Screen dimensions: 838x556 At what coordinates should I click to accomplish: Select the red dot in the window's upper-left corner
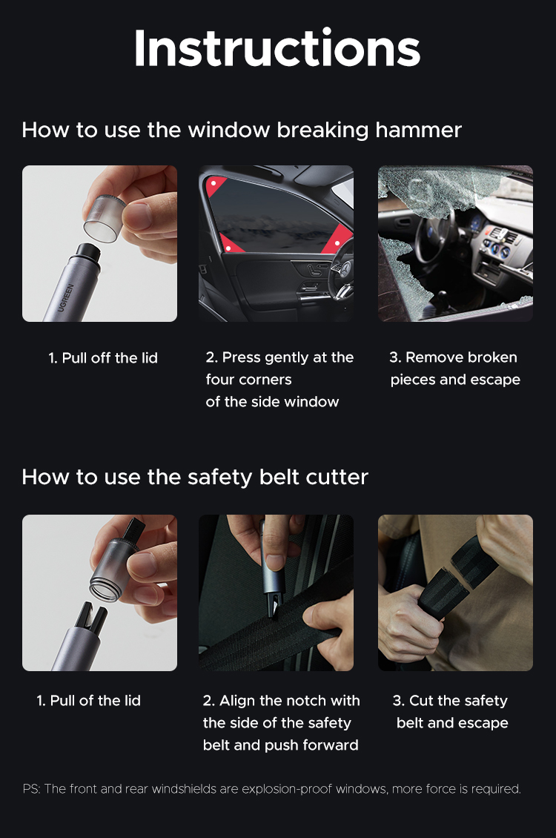(x=214, y=182)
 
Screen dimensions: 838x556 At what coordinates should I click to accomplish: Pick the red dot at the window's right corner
(x=337, y=243)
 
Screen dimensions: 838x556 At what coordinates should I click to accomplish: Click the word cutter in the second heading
(x=331, y=476)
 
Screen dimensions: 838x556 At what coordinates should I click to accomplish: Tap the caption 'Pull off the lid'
(x=103, y=357)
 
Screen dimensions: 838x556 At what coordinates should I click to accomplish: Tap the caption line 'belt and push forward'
(x=280, y=745)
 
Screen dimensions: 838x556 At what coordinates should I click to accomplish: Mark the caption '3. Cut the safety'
(x=450, y=700)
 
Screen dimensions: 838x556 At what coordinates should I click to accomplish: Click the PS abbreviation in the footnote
(x=30, y=788)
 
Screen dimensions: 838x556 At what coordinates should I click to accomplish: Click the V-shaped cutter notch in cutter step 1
(x=92, y=613)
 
